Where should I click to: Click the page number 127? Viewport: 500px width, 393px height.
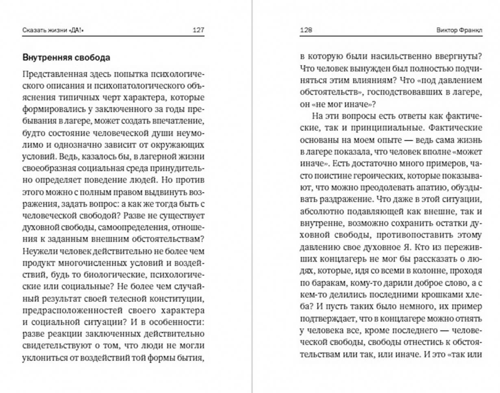coord(198,30)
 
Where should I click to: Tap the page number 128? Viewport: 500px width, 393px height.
coord(306,30)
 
